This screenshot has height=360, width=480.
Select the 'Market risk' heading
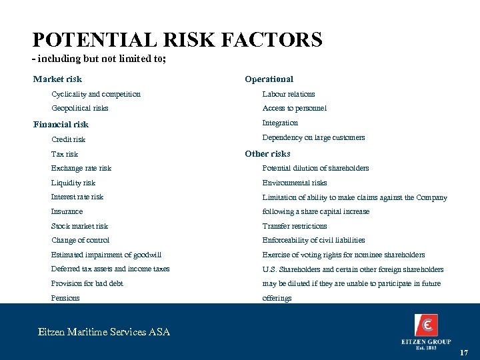tap(57, 79)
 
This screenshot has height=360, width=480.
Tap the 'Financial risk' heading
tap(61, 124)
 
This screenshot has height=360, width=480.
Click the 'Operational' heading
tap(269, 79)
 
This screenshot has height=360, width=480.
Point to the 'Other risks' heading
tap(267, 153)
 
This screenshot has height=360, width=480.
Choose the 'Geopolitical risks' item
tap(80, 108)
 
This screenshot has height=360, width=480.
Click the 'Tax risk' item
tap(65, 154)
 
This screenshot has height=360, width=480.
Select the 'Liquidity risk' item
tap(73, 183)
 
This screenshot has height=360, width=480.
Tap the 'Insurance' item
tap(67, 211)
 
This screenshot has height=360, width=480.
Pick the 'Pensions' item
tap(65, 298)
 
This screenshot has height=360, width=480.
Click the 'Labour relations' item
tap(289, 94)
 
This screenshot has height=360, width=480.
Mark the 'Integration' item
tap(280, 123)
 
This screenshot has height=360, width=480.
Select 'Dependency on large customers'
tap(313, 137)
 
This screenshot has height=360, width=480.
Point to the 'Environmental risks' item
tap(295, 183)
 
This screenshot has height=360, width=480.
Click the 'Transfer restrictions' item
tap(295, 226)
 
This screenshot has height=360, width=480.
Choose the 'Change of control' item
tap(80, 240)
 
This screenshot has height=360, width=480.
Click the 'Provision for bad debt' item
tap(87, 283)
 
